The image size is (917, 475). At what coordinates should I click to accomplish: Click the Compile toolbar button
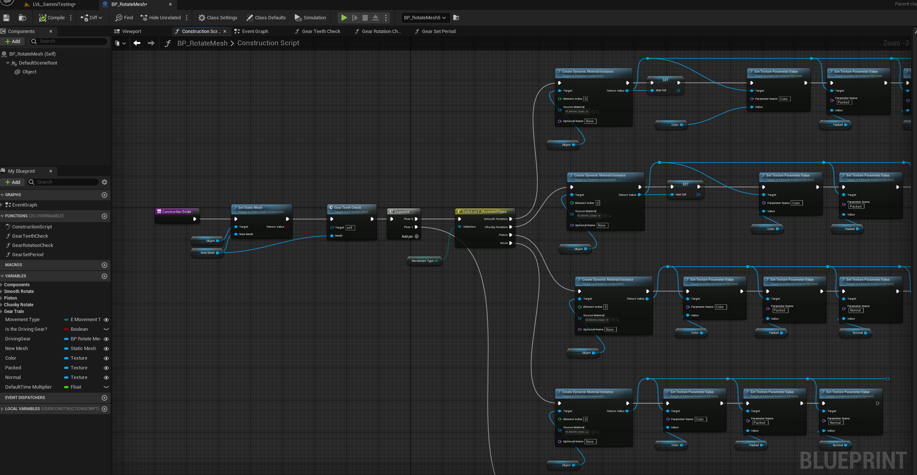52,17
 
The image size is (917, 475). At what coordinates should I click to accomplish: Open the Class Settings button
218,17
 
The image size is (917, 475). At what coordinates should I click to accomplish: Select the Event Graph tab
255,32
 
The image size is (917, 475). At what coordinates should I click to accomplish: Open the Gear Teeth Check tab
321,32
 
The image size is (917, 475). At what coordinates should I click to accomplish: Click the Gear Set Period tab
439,32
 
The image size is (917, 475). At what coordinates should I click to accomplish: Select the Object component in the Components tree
29,72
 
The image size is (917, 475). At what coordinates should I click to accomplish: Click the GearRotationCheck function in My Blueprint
33,245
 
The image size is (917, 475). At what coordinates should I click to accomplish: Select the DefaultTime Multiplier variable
29,387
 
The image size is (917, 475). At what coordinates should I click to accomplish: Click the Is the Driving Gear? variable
26,329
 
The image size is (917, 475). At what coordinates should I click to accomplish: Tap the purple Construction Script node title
177,212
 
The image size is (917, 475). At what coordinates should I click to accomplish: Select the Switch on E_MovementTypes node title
484,212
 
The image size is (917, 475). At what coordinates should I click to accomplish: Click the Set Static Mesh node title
250,208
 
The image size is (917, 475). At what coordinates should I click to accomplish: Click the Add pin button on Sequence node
416,237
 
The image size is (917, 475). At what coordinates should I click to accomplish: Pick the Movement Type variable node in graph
423,261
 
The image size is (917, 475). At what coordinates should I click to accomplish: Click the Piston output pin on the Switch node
511,235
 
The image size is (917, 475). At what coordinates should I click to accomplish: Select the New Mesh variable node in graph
207,253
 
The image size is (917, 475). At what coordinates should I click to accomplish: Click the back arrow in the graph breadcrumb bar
137,43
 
